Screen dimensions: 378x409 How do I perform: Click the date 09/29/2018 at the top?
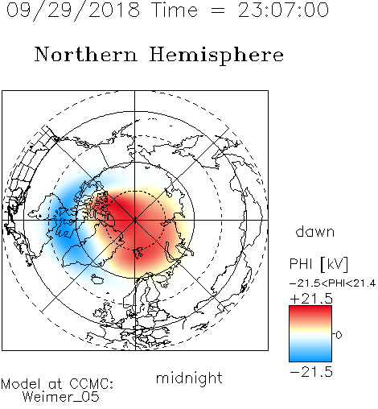click(73, 10)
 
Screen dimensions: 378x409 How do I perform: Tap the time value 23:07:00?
click(283, 10)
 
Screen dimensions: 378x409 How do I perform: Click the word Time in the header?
click(175, 10)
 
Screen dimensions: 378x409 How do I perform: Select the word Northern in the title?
click(86, 55)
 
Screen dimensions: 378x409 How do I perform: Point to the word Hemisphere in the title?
click(216, 56)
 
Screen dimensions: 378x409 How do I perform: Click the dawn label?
click(315, 232)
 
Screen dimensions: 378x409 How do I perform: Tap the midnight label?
click(189, 378)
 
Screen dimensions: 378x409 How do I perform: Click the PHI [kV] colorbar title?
click(318, 264)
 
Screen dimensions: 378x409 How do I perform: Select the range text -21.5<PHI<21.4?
click(333, 283)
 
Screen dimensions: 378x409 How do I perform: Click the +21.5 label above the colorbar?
click(311, 299)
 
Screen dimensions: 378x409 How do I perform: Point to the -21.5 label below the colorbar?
click(311, 372)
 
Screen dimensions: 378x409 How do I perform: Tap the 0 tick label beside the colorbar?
click(339, 335)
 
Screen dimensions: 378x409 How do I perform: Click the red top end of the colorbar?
click(310, 308)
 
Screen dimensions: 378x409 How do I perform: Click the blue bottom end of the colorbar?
click(310, 358)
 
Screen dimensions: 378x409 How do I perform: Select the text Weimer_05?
click(61, 397)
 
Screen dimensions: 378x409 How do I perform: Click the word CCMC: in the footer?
click(92, 384)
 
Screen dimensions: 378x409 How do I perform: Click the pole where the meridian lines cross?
click(135, 220)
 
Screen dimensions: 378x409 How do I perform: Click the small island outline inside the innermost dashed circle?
click(138, 253)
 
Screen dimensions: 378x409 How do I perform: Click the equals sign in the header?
click(218, 10)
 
